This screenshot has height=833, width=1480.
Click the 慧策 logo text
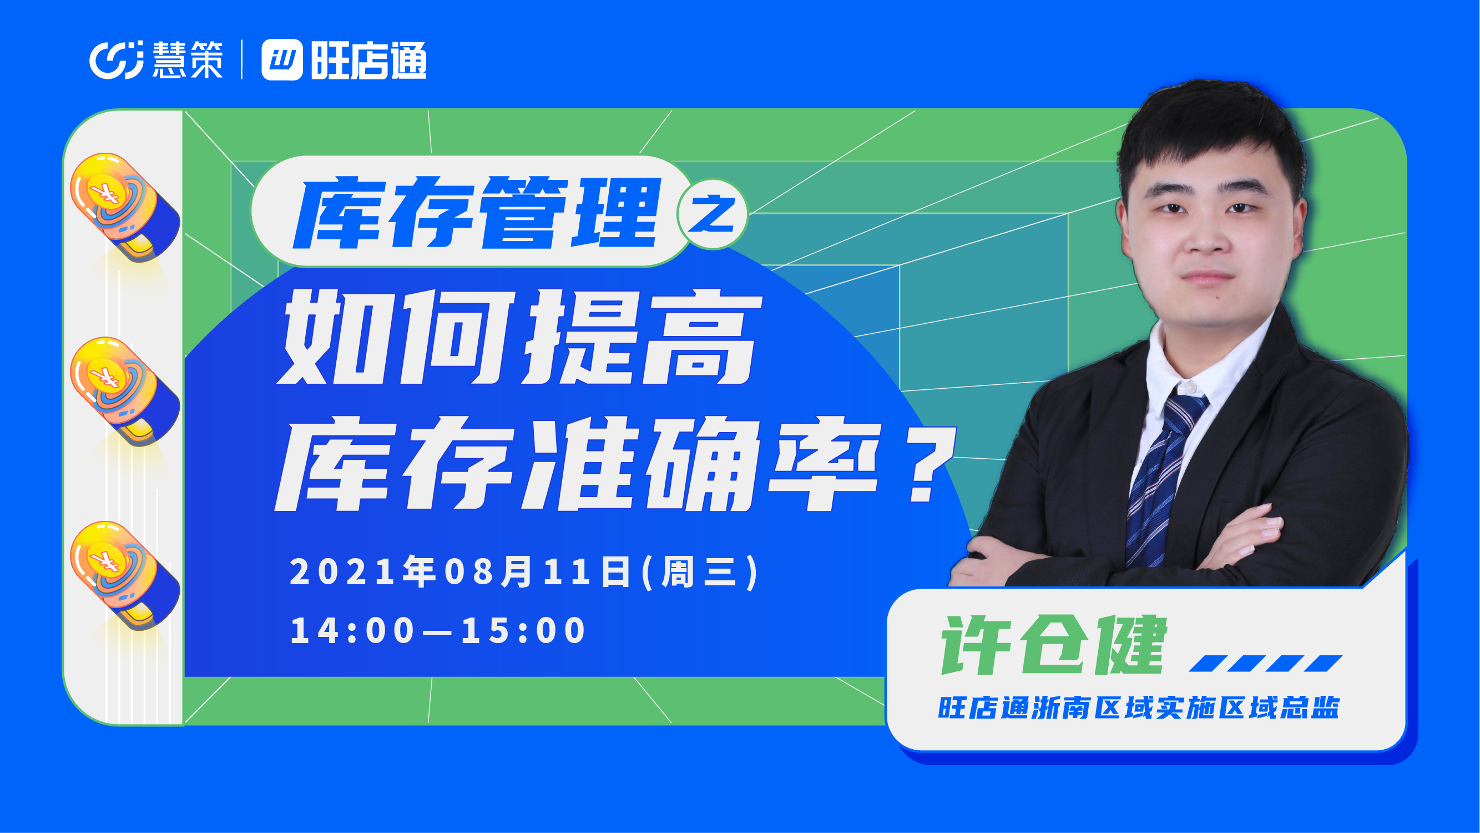pos(188,59)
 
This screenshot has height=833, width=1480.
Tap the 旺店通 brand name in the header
pos(369,60)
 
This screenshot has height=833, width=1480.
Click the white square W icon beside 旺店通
pos(282,60)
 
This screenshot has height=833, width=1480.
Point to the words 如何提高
pos(519,337)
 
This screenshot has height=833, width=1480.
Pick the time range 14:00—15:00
pos(438,630)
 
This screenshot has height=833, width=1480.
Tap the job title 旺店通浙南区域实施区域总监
pos(1139,707)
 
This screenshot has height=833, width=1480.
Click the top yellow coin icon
pos(125,207)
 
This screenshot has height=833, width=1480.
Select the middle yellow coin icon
pos(125,391)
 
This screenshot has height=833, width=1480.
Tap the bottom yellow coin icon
pos(125,575)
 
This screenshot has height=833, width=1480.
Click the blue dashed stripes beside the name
pos(1266,663)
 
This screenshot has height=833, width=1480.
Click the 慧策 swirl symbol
pos(116,59)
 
